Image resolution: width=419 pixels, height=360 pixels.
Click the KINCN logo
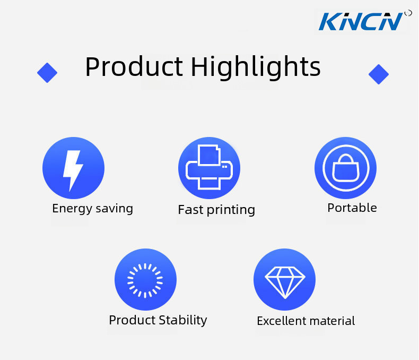coord(361,21)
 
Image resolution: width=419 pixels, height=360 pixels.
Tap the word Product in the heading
coord(134,66)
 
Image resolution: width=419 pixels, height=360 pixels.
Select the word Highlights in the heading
coord(256,67)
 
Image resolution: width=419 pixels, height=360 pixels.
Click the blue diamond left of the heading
coord(47,73)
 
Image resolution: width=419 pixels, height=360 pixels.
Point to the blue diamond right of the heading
coord(378,74)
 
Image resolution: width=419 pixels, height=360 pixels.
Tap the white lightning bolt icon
coord(73,170)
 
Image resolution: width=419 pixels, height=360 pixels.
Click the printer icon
coord(209,167)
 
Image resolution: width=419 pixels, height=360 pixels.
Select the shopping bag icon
coord(345,168)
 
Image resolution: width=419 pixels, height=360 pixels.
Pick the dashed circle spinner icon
coord(145,280)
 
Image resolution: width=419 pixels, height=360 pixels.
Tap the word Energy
coord(72,209)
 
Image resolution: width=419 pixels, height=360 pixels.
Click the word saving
coord(114,209)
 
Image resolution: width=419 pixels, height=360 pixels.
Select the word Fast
coord(190,209)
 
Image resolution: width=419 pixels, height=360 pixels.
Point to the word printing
coord(231,210)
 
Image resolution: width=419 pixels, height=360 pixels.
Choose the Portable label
coord(352,208)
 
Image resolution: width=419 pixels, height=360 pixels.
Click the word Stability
coord(183,320)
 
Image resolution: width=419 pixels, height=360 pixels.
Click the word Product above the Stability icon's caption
coord(132,320)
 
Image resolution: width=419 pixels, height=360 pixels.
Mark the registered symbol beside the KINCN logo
coord(408,13)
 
